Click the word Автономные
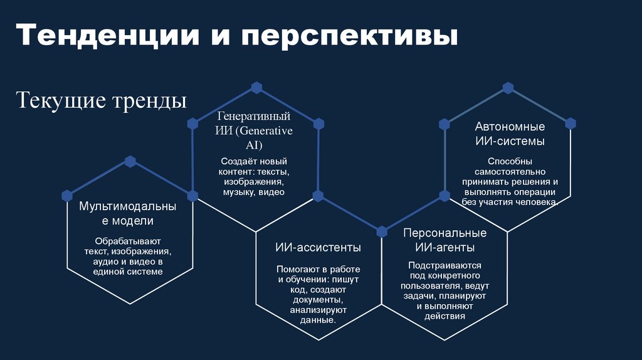click(x=510, y=127)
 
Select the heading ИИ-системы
click(x=510, y=141)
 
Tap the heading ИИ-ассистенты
click(x=318, y=248)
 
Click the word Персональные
click(x=445, y=233)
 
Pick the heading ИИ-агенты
click(x=445, y=246)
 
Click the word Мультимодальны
click(x=127, y=206)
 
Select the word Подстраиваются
click(x=445, y=265)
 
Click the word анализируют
click(x=318, y=310)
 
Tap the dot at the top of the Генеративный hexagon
click(x=256, y=86)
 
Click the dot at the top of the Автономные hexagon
click(x=508, y=87)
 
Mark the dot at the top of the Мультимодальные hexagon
click(x=130, y=161)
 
